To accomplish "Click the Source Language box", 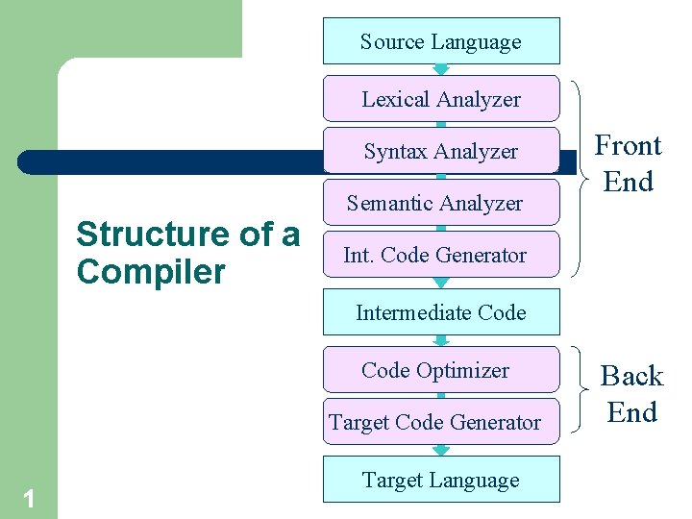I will tap(441, 41).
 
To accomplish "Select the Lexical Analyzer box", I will tap(441, 99).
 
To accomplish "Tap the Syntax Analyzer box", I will tap(441, 151).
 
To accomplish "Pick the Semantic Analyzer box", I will tap(441, 203).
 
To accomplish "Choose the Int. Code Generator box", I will tap(441, 255).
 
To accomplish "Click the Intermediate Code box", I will tap(441, 312).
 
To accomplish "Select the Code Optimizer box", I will tap(441, 370).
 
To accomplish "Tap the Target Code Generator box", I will tap(441, 422).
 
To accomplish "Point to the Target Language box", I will tap(441, 480).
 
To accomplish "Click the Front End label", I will tap(629, 163).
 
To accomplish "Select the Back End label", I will tap(631, 393).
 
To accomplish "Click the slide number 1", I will tap(29, 498).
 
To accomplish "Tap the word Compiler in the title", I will tap(150, 272).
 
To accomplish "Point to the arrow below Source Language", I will tap(441, 69).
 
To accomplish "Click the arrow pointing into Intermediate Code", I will tap(441, 283).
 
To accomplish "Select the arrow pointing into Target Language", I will tap(441, 450).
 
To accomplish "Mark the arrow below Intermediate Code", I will tap(441, 340).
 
